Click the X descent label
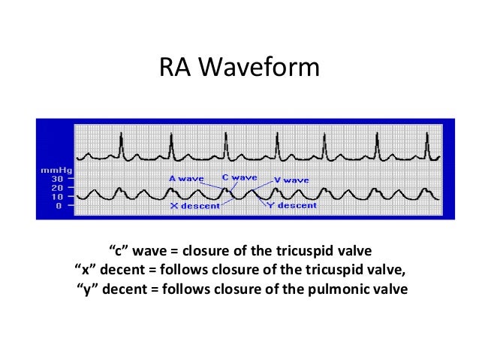coord(194,204)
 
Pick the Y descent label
coord(294,204)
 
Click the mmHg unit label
coord(50,171)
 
